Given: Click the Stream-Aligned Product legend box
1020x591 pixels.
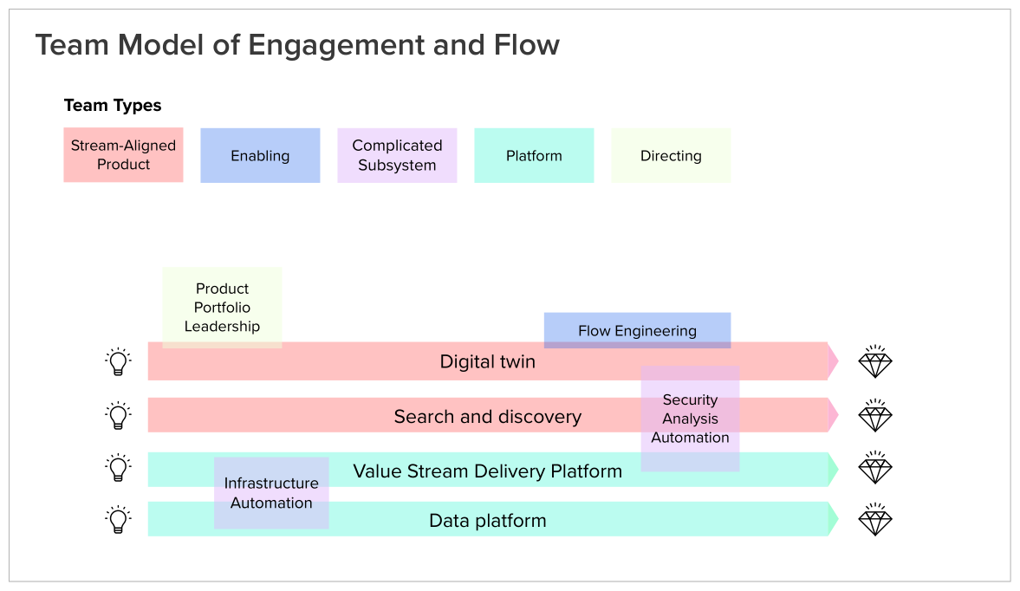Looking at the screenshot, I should click(123, 155).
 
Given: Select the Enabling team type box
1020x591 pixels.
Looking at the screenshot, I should click(260, 156).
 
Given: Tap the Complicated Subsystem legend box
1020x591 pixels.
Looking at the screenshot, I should click(397, 155).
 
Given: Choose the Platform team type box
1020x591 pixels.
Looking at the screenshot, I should click(534, 156).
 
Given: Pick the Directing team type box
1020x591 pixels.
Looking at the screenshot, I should click(671, 156).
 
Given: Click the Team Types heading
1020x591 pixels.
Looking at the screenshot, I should click(113, 106).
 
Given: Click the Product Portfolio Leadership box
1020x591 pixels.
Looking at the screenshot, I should click(222, 308).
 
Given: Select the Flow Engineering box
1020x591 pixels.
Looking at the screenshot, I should click(637, 330).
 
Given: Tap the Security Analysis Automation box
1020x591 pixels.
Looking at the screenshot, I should click(690, 419).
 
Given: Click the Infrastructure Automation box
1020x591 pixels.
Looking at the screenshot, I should click(271, 493).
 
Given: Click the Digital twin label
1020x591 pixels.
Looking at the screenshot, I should click(488, 361).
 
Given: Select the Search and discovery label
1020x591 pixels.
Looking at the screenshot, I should click(488, 417).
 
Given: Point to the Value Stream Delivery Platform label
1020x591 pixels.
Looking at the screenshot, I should click(488, 471).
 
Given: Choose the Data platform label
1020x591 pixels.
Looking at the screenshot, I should click(488, 521).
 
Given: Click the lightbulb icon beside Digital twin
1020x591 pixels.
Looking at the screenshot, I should click(118, 361).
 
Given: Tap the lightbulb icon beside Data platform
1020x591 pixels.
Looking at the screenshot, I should click(118, 520).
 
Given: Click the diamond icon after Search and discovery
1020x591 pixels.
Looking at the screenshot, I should click(875, 416).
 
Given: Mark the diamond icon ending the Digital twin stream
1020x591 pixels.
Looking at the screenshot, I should click(875, 361).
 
